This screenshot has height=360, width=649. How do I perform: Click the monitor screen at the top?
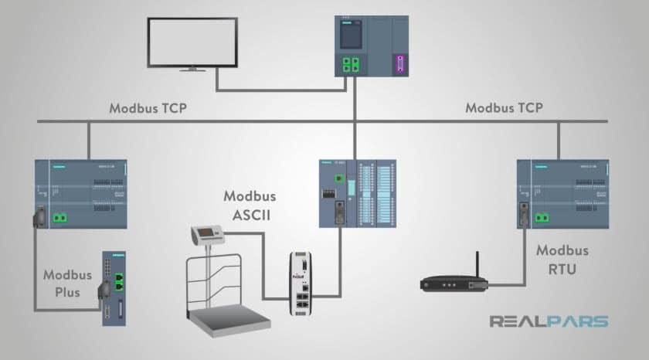[x=192, y=42]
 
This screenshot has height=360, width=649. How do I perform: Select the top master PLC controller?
[x=371, y=46]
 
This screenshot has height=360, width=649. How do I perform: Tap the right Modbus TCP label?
[x=504, y=108]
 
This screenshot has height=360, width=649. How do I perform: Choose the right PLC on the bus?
[x=562, y=193]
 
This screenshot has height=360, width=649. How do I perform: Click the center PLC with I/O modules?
[x=357, y=192]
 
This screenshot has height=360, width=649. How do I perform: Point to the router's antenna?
[x=476, y=263]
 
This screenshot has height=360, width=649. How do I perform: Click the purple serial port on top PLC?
[x=399, y=63]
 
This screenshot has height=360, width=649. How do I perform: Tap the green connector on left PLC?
[x=58, y=219]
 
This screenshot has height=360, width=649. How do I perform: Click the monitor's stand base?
[x=192, y=70]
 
